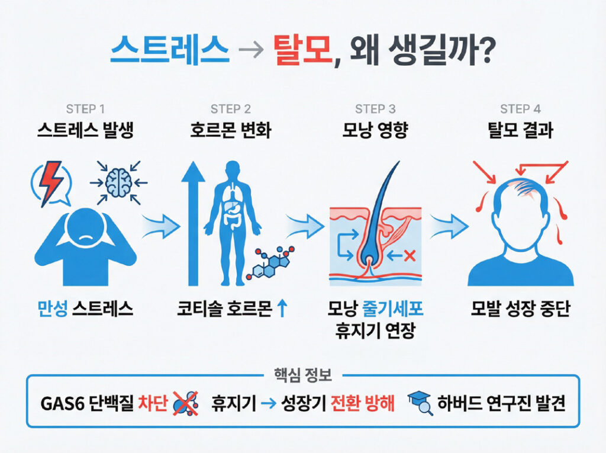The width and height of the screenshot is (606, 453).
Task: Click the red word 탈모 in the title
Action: tap(302, 50)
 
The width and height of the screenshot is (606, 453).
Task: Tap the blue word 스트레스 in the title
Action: tap(170, 50)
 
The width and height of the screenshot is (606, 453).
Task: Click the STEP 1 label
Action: tap(85, 110)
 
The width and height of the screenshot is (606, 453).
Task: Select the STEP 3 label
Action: tap(375, 110)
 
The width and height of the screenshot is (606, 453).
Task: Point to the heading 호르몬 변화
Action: tap(231, 130)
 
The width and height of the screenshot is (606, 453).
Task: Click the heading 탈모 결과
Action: tap(520, 130)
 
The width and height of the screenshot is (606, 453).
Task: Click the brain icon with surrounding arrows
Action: tap(118, 182)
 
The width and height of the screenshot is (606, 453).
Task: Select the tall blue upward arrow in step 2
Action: tap(193, 224)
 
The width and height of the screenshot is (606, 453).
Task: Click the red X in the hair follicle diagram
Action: tap(410, 256)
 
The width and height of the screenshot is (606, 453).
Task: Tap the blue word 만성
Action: tap(53, 309)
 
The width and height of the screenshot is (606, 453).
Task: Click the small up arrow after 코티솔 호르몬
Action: tap(282, 309)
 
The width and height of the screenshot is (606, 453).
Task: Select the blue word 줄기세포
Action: tap(393, 309)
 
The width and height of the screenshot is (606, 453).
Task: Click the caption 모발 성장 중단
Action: tap(520, 309)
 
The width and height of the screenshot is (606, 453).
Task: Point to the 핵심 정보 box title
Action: tap(303, 375)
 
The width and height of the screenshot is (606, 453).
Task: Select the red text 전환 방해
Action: tap(363, 403)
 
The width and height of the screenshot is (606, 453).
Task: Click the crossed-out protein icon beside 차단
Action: tap(185, 403)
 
